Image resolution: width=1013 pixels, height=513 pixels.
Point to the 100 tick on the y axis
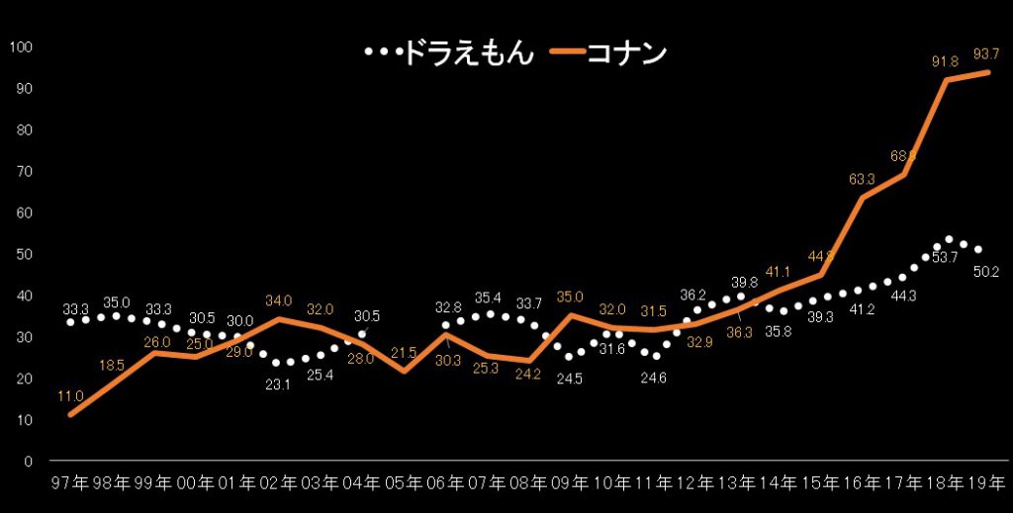(x=22, y=47)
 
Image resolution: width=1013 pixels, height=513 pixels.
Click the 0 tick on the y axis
(x=29, y=462)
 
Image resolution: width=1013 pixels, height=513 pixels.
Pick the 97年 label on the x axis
(x=70, y=483)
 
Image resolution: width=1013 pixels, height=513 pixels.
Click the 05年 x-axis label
(x=404, y=483)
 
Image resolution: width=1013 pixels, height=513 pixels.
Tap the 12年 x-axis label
(x=694, y=483)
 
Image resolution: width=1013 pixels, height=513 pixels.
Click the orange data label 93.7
(x=988, y=52)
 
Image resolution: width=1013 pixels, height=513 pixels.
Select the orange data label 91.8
(x=947, y=61)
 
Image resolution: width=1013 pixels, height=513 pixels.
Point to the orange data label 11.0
(x=69, y=396)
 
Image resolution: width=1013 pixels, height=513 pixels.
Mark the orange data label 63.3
(x=863, y=179)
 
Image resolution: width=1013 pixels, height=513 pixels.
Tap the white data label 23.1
(x=278, y=385)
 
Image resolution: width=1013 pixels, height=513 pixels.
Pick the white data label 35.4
(x=488, y=297)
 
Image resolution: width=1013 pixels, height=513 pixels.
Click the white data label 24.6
(x=653, y=376)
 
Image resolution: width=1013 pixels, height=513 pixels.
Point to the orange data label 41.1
(x=780, y=272)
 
